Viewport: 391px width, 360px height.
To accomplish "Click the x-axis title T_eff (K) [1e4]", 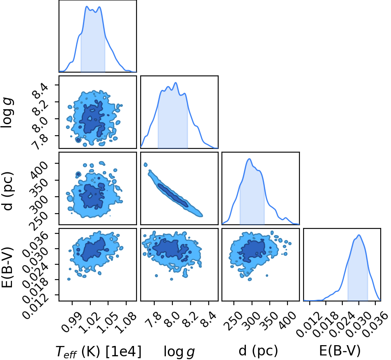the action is click(98, 351).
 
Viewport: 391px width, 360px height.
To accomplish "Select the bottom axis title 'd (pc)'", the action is click(258, 351).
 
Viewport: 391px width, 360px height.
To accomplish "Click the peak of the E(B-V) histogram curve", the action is click(359, 235).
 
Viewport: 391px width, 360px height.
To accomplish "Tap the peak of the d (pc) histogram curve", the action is click(249, 159).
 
